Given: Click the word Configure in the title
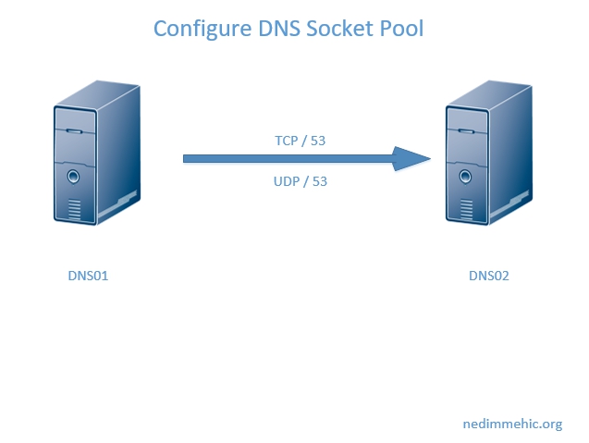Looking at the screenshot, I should click(198, 29).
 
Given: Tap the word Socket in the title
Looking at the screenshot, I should click(336, 29).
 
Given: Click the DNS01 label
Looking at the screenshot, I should click(89, 276).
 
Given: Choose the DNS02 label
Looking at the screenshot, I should click(488, 276).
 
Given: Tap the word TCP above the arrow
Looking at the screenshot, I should click(287, 141).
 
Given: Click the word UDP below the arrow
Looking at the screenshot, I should click(287, 181).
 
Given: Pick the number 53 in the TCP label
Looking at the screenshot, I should click(319, 141).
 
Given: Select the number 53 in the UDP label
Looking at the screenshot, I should click(320, 181).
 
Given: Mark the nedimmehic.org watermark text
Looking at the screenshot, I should click(512, 425).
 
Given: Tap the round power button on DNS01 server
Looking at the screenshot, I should click(74, 175).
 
